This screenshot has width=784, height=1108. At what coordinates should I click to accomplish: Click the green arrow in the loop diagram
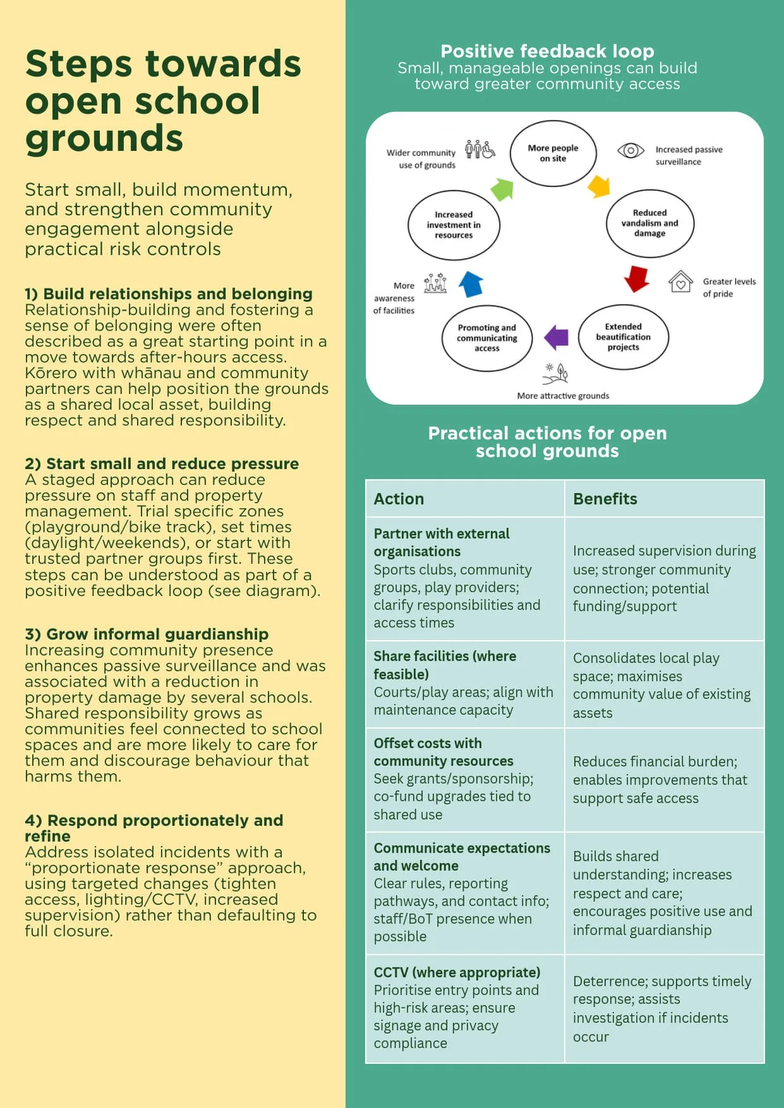point(502,189)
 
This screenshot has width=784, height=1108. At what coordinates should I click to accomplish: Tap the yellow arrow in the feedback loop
point(599,186)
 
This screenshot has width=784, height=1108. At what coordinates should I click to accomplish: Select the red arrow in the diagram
point(637,278)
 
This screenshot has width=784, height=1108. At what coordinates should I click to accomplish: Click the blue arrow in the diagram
point(471,283)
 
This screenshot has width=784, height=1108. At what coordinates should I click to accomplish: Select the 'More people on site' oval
point(553,153)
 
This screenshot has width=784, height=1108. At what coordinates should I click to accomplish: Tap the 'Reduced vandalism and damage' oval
point(649,223)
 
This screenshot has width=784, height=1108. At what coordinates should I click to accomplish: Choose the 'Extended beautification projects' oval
point(623,337)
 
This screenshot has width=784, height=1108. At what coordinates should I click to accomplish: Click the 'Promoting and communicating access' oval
point(486,338)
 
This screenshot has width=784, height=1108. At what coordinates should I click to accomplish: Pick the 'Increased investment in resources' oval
point(454,225)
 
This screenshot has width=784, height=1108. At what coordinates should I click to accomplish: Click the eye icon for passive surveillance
point(630,150)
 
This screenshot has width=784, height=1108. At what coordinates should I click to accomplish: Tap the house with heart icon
point(680,282)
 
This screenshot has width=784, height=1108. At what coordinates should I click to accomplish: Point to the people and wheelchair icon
point(479,150)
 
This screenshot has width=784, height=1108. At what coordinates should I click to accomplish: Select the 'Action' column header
point(399,499)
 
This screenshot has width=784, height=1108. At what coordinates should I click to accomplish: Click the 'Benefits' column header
point(605,499)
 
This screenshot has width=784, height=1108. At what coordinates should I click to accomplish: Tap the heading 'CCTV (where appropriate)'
point(457,972)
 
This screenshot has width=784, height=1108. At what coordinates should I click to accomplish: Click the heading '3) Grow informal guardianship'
point(147,634)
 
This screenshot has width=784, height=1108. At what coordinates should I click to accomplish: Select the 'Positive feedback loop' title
point(547,51)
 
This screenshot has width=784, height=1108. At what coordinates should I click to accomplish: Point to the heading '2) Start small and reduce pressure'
point(162,463)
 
